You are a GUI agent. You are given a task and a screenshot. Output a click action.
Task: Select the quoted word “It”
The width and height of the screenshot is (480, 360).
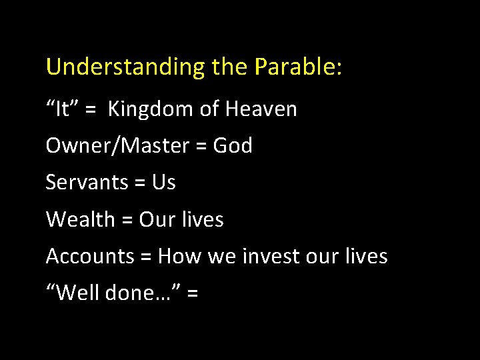[x=62, y=109]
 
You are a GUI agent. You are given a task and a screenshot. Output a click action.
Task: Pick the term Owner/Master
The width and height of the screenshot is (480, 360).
[x=117, y=145]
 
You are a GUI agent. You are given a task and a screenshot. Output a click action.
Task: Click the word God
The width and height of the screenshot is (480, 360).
[x=233, y=145]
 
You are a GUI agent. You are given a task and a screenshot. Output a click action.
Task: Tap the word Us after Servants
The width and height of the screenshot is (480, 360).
[x=164, y=182]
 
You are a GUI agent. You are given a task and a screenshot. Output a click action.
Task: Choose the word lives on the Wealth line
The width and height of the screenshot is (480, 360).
[x=203, y=219]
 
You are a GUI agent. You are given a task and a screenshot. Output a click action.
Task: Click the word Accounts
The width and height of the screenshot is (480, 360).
[x=90, y=256]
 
